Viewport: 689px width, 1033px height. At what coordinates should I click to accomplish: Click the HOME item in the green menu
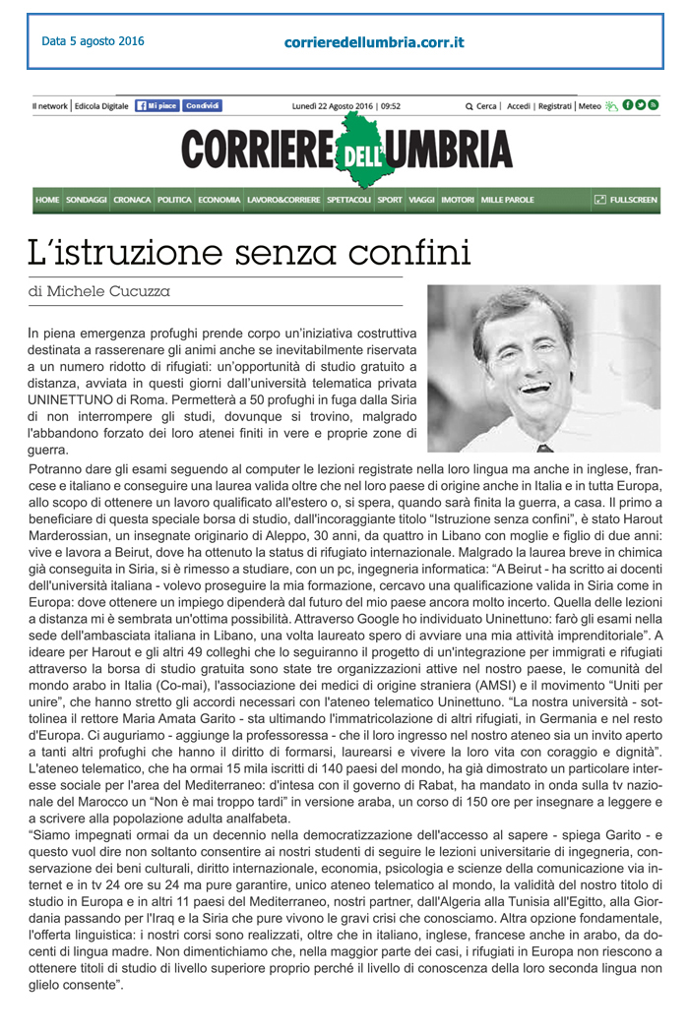click(47, 200)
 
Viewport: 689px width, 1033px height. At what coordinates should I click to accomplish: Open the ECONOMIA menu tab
click(219, 200)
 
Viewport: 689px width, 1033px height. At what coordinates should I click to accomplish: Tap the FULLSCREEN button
click(625, 200)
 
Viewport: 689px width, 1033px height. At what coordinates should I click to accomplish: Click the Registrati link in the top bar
click(555, 106)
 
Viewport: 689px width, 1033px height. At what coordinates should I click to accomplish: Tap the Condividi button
click(202, 105)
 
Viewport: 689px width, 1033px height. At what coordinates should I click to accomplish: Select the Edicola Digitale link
click(102, 106)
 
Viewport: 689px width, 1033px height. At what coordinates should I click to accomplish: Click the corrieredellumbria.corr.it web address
click(374, 42)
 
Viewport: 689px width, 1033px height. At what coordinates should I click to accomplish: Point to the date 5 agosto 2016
click(93, 41)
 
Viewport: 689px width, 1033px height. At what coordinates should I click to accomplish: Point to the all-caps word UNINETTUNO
click(70, 402)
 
